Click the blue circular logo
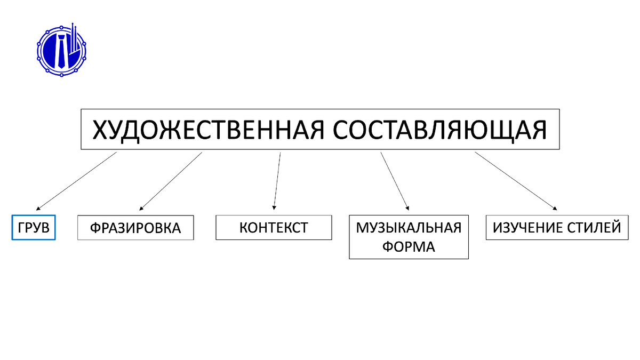tap(61, 49)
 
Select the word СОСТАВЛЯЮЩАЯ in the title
tap(441, 130)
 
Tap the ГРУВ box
tap(34, 228)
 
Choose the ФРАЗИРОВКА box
tap(135, 228)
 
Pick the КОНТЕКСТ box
tap(274, 228)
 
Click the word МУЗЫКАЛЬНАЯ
tap(409, 228)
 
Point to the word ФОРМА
tap(409, 247)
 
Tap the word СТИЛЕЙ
tap(596, 228)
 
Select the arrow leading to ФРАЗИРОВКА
tap(170, 180)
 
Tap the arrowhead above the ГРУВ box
tap(38, 207)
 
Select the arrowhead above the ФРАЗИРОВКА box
tap(141, 207)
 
